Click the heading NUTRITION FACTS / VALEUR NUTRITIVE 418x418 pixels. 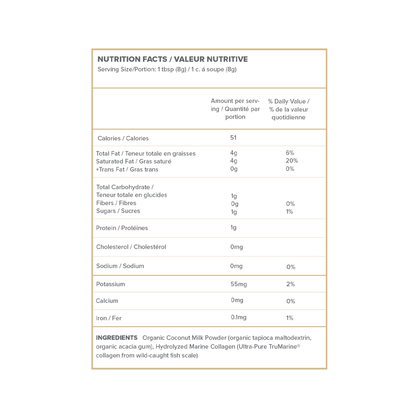172,59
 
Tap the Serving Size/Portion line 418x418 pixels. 167,69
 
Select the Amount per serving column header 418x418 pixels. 235,109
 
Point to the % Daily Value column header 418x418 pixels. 288,109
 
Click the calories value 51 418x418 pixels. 233,138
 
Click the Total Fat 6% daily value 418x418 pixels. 290,153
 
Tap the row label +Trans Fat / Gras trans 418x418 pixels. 127,169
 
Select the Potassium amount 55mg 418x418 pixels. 238,284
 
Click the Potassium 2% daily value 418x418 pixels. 291,284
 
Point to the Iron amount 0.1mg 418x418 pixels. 238,318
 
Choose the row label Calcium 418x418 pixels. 107,301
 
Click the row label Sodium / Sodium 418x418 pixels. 120,266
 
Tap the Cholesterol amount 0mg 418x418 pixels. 236,247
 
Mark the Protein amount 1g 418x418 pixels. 233,228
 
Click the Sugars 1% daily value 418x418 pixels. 290,212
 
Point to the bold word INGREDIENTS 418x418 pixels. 117,338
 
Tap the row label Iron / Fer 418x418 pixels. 109,318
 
